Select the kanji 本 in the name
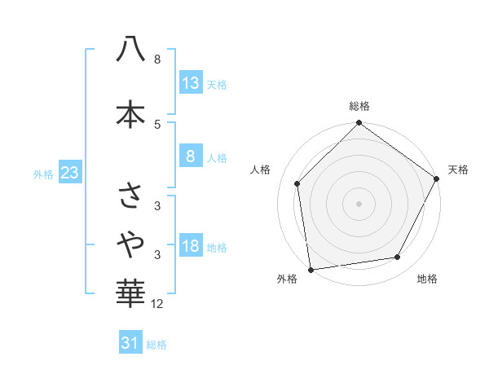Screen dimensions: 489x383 click(130, 114)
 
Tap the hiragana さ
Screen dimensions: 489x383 click(130, 195)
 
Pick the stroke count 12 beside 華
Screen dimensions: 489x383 click(157, 304)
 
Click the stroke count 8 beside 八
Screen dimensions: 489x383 click(157, 59)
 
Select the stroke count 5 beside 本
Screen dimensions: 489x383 click(157, 124)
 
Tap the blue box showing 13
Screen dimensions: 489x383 click(190, 82)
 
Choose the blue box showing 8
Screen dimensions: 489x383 click(190, 156)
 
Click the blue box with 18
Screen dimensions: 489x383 click(190, 247)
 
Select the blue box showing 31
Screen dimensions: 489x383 click(130, 343)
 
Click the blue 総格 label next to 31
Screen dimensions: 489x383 click(156, 345)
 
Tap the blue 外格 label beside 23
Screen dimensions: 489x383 click(43, 174)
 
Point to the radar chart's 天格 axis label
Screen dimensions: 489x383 click(458, 169)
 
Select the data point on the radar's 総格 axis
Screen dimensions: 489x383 click(359, 124)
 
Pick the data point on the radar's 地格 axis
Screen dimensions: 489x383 click(398, 258)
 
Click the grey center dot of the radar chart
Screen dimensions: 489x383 click(359, 203)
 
